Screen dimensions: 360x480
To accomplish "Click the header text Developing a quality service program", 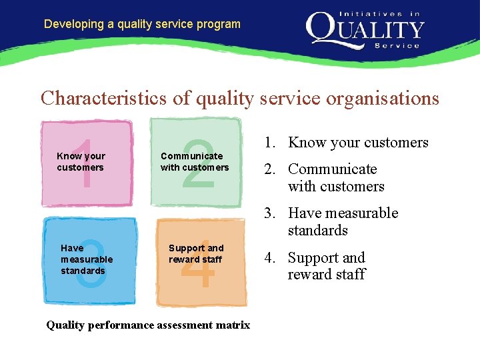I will point(142,24).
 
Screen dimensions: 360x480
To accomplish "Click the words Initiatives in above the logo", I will point(380,13).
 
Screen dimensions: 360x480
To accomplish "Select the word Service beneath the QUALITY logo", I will point(397,46).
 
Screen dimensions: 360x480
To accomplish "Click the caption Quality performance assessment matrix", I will point(148,325).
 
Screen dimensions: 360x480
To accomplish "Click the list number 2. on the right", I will point(270,169).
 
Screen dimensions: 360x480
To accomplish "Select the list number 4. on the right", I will point(270,258).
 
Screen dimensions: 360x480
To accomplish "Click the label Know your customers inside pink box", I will point(81,162).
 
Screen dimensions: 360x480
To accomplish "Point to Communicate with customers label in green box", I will point(194,162).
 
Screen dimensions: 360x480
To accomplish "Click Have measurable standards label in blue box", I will point(87,259).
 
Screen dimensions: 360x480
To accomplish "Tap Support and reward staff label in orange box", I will point(195,254).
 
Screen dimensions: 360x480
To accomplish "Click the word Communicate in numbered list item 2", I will point(332,169).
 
